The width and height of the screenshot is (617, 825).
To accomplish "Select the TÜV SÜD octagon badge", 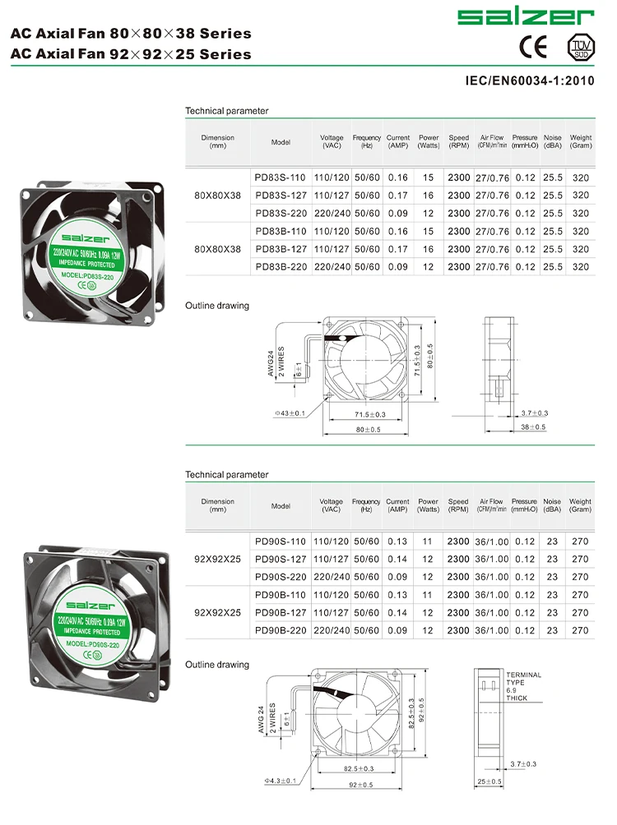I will [x=581, y=47].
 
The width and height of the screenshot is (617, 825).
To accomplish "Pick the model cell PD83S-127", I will [x=281, y=196].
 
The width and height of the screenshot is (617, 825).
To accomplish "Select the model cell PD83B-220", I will [x=281, y=267].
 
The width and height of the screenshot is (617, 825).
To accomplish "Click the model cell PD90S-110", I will [x=281, y=542].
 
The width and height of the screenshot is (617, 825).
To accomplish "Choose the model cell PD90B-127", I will [x=281, y=613].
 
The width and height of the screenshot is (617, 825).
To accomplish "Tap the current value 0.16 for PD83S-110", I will [x=398, y=177].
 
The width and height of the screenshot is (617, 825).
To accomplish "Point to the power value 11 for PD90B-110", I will [x=428, y=595].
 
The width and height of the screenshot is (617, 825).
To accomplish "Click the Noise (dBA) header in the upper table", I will [x=553, y=141].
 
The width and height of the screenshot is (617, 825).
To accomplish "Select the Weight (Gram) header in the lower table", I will [x=580, y=505].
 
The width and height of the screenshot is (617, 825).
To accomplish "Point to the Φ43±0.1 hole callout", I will [x=288, y=412].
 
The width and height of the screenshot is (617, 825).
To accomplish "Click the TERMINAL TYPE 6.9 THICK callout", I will [x=523, y=686].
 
